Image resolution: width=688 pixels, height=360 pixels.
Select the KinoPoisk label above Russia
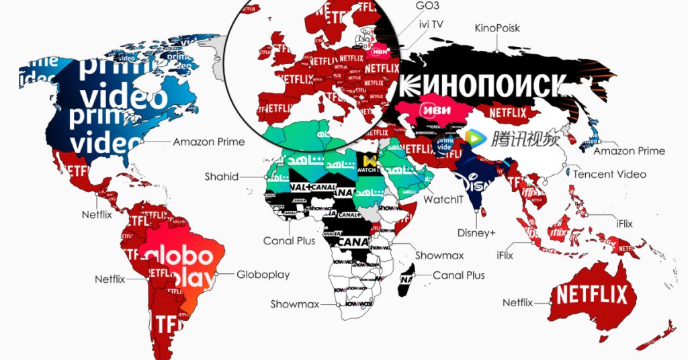pyautogui.click(x=497, y=28)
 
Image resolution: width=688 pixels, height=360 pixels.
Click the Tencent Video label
pyautogui.click(x=609, y=174)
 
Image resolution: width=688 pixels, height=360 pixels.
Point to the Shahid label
pyautogui.click(x=222, y=177)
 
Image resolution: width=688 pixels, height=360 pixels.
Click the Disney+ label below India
pyautogui.click(x=476, y=233)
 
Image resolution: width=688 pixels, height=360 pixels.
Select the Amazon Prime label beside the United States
pyautogui.click(x=209, y=142)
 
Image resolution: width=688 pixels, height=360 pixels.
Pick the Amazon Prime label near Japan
pyautogui.click(x=629, y=150)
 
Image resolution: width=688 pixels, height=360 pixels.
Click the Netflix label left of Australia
pyautogui.click(x=517, y=303)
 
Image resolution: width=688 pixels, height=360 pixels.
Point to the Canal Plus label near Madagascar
pyautogui.click(x=459, y=275)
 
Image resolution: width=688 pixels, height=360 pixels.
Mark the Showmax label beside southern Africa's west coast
pyautogui.click(x=295, y=304)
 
